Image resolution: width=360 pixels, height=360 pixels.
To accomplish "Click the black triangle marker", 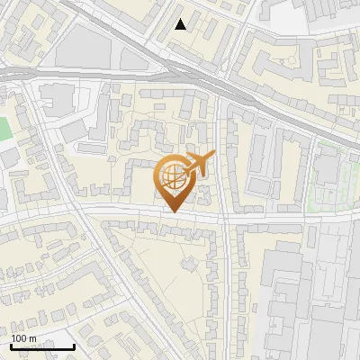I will tap(181, 24).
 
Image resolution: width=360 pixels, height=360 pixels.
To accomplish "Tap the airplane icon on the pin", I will tap(197, 163).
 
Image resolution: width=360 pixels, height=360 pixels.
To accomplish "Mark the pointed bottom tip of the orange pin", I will tap(171, 211).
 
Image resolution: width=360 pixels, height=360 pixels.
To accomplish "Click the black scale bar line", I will tap(41, 346).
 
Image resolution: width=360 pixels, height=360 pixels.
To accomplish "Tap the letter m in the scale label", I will tap(32, 338).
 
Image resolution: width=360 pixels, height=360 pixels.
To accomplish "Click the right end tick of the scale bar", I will tap(74, 345).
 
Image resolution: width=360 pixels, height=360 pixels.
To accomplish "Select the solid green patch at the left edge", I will tap(3, 129).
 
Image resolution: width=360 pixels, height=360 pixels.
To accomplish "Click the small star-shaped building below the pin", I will tap(189, 264).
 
